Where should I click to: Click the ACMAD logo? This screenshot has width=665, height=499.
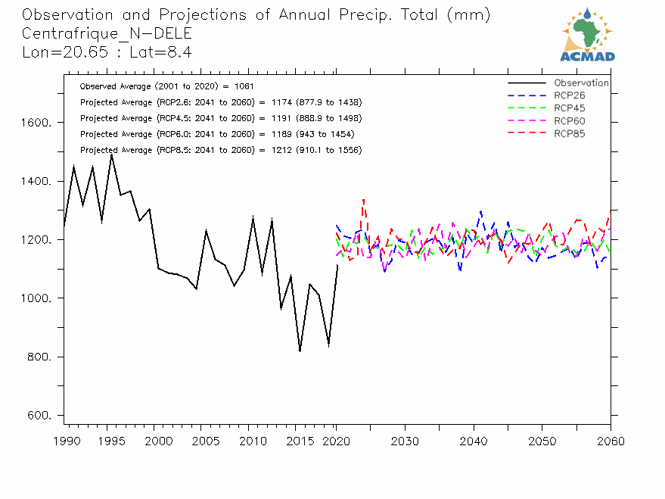pos(587,35)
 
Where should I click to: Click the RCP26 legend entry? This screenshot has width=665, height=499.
pos(569,95)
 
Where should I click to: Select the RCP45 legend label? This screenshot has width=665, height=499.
pos(569,108)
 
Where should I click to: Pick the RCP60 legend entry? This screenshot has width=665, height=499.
pos(569,121)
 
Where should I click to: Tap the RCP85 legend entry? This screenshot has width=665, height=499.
pos(569,134)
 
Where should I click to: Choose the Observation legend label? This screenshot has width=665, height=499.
pos(580,83)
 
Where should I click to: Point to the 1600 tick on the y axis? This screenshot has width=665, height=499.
pos(36,123)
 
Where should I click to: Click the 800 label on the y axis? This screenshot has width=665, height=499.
pos(39,357)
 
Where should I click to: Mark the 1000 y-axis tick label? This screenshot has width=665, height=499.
pos(36,298)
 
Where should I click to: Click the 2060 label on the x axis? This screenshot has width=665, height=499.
pos(611,441)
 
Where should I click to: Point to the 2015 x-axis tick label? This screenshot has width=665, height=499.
pos(302,441)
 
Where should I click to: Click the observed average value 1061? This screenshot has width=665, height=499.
pos(253,86)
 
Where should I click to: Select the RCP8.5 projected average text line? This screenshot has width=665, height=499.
pos(220,150)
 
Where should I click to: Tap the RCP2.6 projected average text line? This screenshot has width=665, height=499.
pos(220,102)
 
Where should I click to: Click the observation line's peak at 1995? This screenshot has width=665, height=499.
pos(111,154)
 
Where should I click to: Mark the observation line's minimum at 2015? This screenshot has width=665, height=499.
pos(300,351)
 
